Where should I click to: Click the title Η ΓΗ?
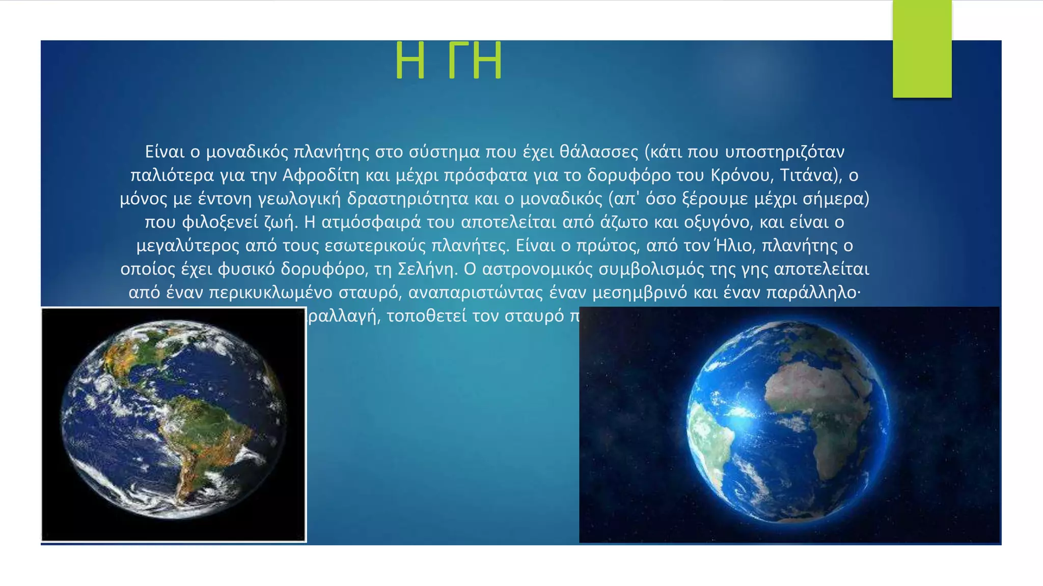coord(449,62)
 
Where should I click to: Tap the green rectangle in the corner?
coord(922,49)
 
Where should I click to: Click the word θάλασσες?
coord(598,152)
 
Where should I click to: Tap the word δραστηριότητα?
coord(407,199)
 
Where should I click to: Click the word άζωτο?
coord(624,222)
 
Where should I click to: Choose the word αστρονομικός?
coord(537,269)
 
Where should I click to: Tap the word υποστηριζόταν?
coord(785,152)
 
